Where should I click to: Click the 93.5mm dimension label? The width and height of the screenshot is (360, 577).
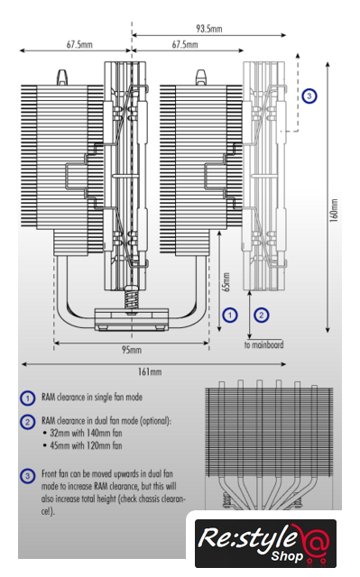[x=209, y=28]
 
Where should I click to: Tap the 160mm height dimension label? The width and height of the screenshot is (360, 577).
[x=334, y=211]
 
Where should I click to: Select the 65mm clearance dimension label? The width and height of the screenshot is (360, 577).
[x=226, y=282]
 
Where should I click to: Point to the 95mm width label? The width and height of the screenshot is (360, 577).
[x=132, y=350]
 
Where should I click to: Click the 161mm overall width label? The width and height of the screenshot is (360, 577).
[x=150, y=371]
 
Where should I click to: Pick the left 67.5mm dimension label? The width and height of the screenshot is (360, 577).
[x=79, y=44]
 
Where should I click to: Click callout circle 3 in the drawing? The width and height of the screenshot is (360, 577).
[x=309, y=96]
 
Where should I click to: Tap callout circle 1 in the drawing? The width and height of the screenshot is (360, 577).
[x=230, y=315]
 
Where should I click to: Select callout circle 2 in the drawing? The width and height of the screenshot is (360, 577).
[x=262, y=315]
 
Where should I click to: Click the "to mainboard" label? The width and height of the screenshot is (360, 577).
[x=264, y=344]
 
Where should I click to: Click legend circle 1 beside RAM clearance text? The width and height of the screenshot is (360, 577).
[x=28, y=398]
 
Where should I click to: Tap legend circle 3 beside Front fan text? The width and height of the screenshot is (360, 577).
[x=28, y=476]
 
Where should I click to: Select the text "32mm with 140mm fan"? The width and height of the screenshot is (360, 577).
[x=86, y=433]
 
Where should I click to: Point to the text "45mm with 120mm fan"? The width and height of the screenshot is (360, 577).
[x=86, y=445]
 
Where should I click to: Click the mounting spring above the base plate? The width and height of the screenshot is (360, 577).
[x=131, y=298]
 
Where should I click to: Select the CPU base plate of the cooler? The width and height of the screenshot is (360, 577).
[x=132, y=319]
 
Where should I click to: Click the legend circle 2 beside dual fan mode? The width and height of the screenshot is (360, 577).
[x=28, y=422]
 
